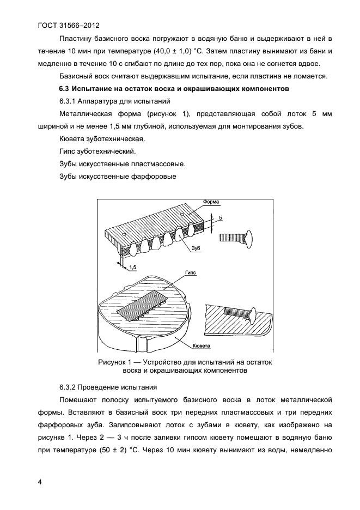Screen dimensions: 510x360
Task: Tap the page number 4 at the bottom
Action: pos(40,481)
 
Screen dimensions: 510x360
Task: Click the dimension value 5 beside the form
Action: pos(221,218)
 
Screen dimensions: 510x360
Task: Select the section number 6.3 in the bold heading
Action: pos(65,88)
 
